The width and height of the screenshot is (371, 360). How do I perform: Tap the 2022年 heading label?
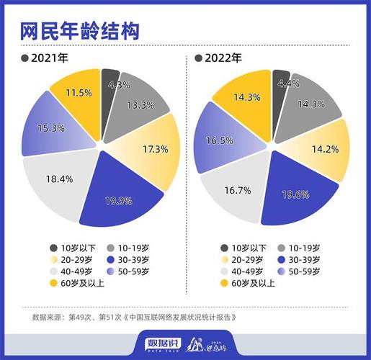[x=223, y=58]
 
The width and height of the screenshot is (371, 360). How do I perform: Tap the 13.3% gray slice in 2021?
[x=139, y=105]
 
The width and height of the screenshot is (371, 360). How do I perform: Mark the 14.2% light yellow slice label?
[x=323, y=150]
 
